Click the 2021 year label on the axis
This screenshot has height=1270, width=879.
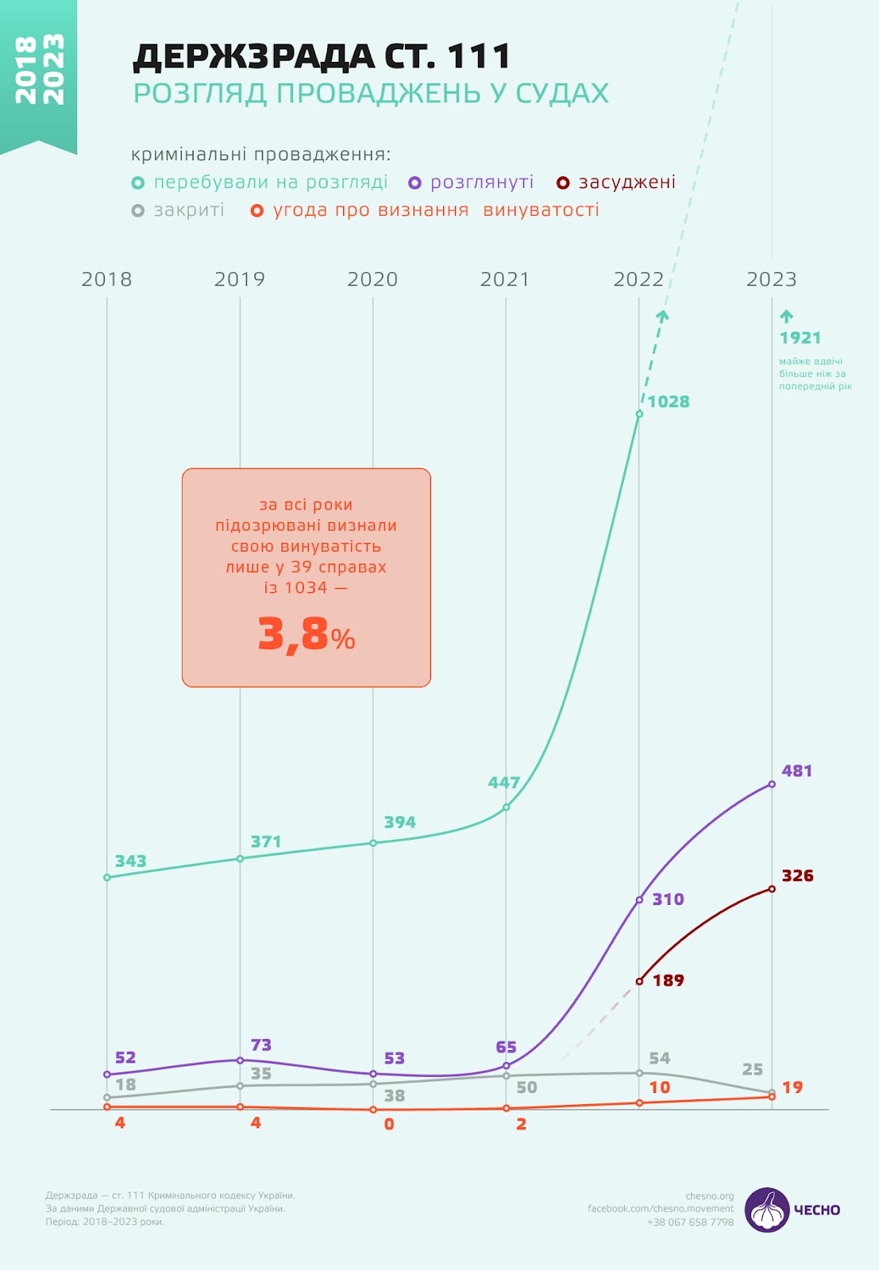(x=505, y=279)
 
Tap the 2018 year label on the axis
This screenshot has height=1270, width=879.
(x=106, y=279)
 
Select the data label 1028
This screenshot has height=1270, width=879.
(x=669, y=402)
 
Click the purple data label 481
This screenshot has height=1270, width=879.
(x=796, y=771)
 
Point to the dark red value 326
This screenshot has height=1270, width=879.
(x=797, y=876)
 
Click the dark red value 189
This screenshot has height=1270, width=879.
(x=668, y=980)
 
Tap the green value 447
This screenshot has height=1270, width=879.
(x=504, y=783)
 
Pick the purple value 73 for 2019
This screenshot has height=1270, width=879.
(x=260, y=1045)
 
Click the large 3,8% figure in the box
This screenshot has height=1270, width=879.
(x=306, y=635)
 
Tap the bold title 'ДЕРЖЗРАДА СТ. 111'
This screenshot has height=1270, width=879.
(x=322, y=57)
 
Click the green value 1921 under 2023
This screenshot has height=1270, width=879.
(x=800, y=338)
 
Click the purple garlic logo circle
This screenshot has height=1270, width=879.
(x=767, y=1210)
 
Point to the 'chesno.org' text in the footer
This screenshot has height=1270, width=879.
(x=710, y=1196)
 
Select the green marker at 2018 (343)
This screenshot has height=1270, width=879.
(x=107, y=877)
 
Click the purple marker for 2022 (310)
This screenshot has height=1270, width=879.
(x=639, y=900)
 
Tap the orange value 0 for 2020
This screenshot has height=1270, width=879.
(x=389, y=1124)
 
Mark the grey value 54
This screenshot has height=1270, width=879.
(x=659, y=1058)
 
